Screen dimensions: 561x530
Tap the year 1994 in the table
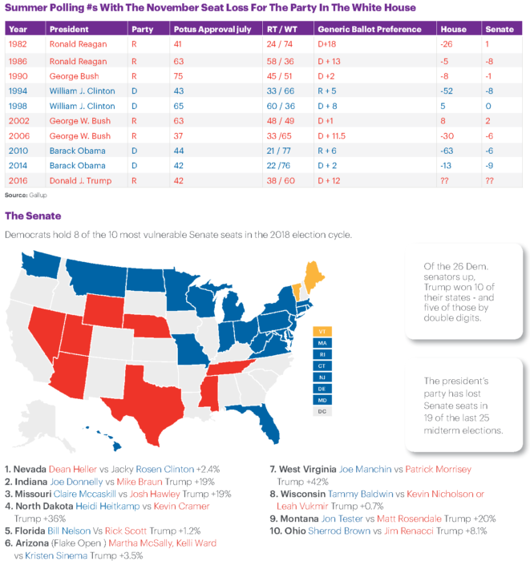click(x=18, y=90)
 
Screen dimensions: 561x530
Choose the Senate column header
click(x=498, y=29)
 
